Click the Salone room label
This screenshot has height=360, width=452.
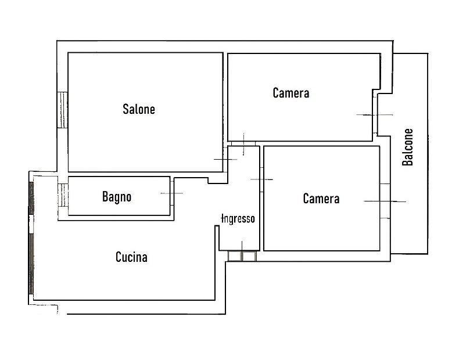139,109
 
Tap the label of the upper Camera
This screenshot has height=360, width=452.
291,93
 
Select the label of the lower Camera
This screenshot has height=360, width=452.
321,199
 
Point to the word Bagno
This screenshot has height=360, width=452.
117,197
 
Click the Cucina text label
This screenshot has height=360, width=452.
131,257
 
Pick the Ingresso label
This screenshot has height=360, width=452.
238,218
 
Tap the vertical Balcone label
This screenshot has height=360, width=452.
408,147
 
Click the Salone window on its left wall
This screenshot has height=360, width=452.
62,110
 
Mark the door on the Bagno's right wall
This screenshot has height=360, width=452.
172,193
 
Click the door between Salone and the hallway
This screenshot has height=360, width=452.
225,159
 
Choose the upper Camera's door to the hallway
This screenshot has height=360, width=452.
243,143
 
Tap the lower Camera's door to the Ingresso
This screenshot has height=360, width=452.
262,180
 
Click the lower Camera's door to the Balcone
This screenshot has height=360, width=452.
385,201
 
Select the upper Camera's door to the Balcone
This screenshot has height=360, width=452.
375,115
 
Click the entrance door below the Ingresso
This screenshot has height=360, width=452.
242,256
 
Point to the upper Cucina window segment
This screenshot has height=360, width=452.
31,198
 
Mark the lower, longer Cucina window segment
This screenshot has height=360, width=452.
31,264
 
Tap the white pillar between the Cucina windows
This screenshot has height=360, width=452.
31,224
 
